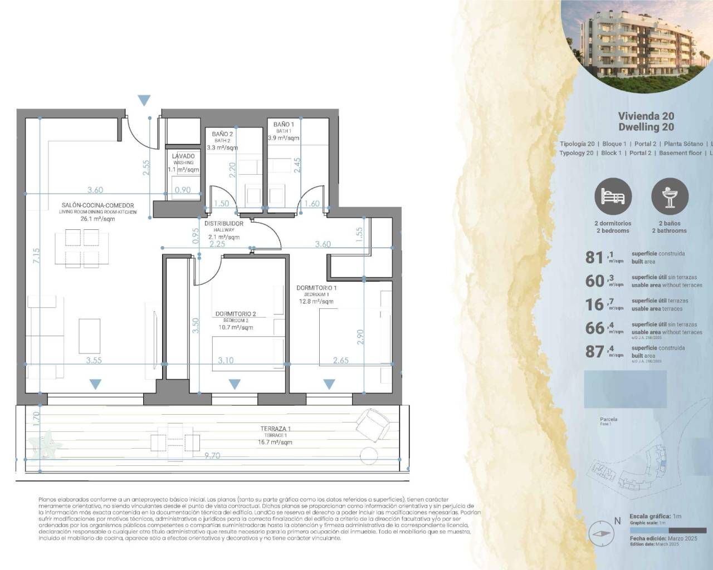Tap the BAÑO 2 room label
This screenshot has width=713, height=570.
[x=222, y=134]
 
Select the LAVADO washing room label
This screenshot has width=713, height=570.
[x=183, y=156]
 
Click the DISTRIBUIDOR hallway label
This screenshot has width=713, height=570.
[x=223, y=223]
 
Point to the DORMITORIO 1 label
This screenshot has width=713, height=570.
[x=316, y=288]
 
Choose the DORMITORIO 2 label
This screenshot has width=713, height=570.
[x=235, y=314]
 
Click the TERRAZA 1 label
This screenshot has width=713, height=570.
[x=275, y=429]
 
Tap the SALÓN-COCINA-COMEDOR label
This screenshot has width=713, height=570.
[x=97, y=206]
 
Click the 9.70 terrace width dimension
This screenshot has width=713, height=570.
[x=212, y=455]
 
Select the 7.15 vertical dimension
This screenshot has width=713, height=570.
[x=36, y=256]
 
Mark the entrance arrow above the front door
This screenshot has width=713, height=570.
[x=144, y=101]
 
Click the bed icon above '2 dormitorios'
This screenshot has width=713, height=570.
[x=613, y=196]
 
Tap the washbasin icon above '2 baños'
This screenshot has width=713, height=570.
[x=670, y=196]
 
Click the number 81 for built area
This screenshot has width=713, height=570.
[x=594, y=257]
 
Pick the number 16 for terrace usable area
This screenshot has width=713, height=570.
[x=594, y=304]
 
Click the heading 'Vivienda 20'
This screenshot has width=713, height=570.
[x=646, y=116]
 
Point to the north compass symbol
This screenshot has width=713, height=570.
[x=601, y=533]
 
